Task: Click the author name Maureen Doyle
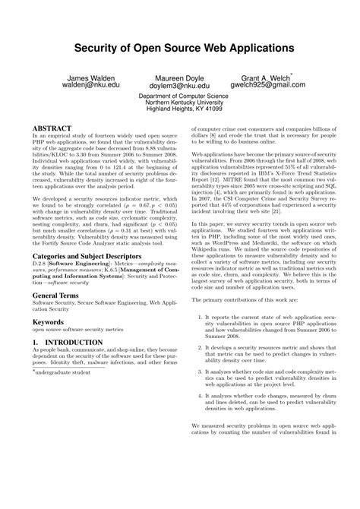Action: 179,78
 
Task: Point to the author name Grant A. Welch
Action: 265,78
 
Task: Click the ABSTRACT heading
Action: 52,128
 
